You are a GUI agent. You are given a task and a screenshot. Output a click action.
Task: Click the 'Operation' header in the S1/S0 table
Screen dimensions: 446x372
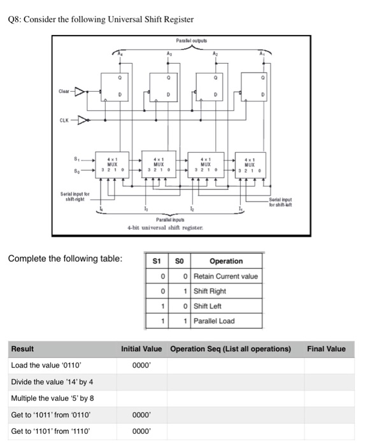click(x=225, y=261)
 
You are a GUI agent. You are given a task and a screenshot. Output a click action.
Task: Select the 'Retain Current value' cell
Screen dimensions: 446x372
click(x=225, y=276)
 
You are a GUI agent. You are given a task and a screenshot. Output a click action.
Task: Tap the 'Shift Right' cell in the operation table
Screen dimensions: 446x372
click(x=210, y=291)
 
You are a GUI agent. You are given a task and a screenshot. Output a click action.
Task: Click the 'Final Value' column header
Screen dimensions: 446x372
click(x=326, y=349)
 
